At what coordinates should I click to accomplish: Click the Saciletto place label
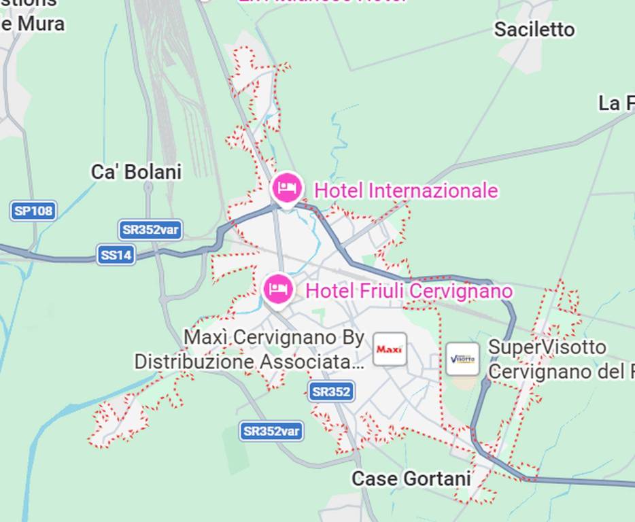534,30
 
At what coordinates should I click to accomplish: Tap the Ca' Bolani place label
136,172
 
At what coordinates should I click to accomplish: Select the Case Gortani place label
411,478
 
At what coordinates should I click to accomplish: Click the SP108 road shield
33,211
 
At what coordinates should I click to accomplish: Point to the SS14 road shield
116,256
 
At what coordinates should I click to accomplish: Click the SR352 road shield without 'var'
331,391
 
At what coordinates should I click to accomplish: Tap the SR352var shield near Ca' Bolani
150,230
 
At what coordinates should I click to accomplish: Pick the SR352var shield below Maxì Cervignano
271,431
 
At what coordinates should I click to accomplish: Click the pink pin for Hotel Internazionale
286,188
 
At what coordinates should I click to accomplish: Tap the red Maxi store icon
390,349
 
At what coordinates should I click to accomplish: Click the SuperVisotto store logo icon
462,359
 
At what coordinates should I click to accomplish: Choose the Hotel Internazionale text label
406,191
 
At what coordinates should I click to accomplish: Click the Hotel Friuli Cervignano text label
409,291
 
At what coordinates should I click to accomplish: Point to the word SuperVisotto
547,347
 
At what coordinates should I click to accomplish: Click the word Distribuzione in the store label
194,362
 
